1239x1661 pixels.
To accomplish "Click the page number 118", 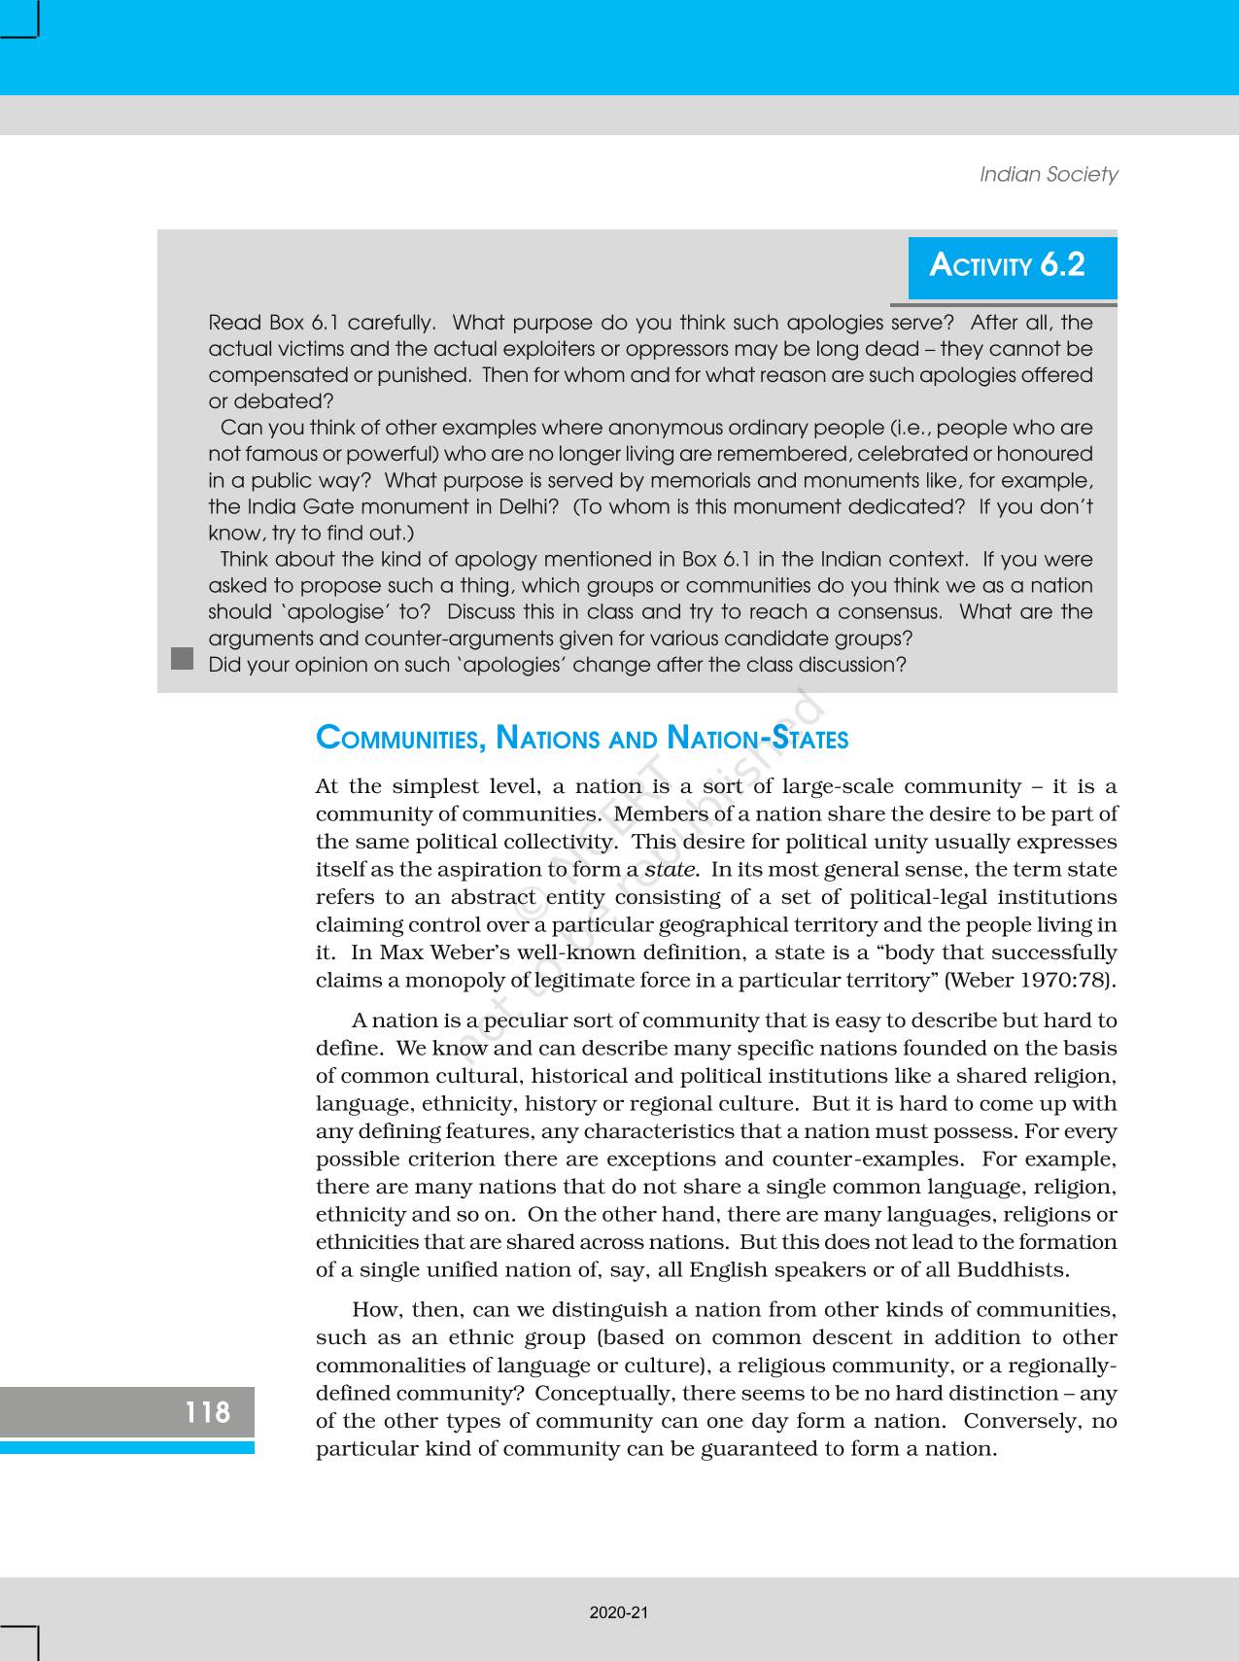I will point(207,1411).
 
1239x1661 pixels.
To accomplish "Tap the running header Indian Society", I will point(1048,174).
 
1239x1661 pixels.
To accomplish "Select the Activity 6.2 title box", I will point(1012,265).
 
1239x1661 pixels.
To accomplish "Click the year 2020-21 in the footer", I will point(619,1612).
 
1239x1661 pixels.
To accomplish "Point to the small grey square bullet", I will point(182,658).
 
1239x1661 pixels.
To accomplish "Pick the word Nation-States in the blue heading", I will point(758,739).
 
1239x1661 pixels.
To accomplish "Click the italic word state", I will point(671,870).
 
